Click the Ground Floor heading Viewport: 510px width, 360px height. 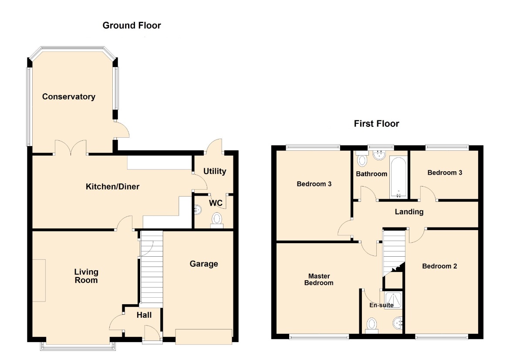tap(132, 25)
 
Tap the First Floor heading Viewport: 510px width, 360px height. tap(376, 124)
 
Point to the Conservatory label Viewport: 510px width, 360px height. tap(69, 97)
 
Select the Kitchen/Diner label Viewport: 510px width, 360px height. tap(112, 187)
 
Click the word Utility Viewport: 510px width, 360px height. tap(215, 171)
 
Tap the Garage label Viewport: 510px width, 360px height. tap(204, 264)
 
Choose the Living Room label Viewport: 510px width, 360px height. tap(86, 276)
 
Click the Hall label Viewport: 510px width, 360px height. tap(144, 315)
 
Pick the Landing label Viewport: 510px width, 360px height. tap(409, 212)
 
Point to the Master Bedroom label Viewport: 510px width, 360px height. tap(319, 280)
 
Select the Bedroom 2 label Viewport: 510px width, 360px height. tap(439, 266)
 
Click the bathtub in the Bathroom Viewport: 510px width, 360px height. tap(398, 177)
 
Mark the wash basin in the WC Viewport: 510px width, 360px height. tap(197, 210)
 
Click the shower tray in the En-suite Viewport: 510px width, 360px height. tap(393, 300)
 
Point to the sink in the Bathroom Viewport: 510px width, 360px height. tap(379, 155)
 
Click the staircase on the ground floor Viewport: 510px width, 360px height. tap(152, 269)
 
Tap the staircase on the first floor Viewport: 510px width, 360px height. tap(394, 253)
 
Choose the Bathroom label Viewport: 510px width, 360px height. tap(372, 174)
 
